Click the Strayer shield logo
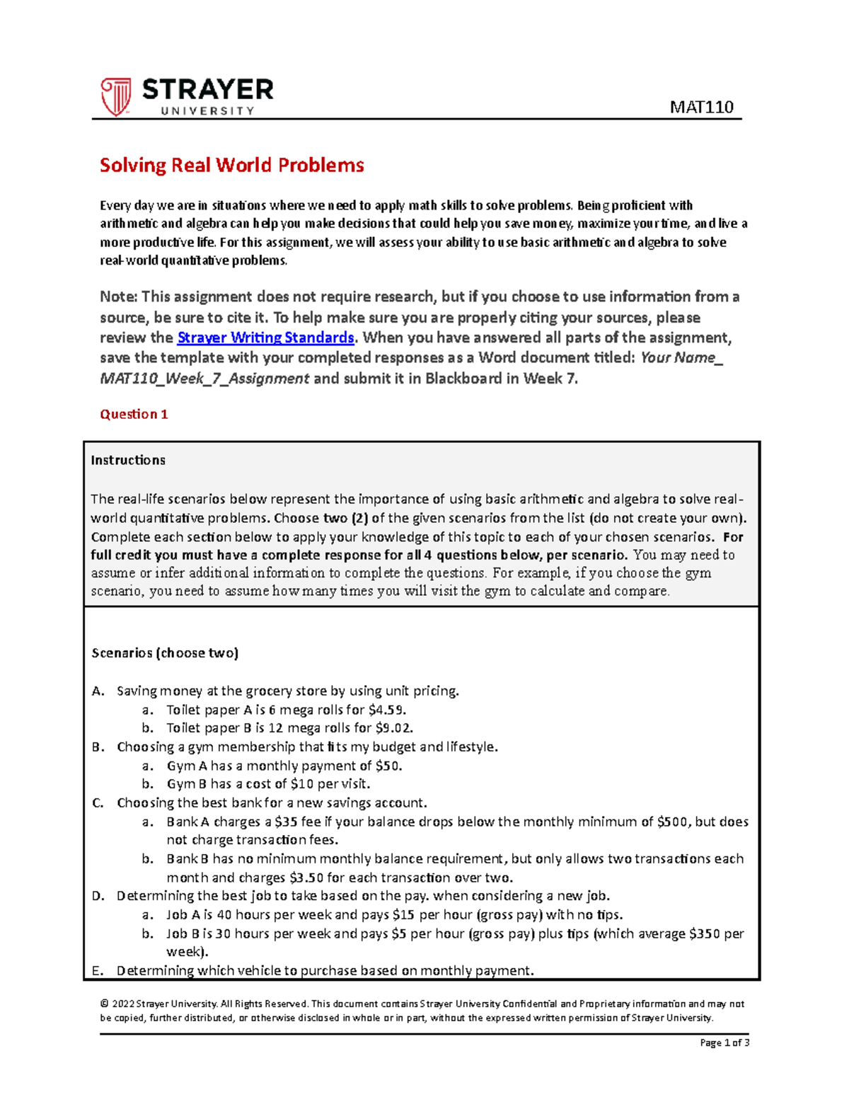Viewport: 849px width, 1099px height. pos(116,97)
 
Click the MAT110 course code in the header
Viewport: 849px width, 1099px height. pos(701,107)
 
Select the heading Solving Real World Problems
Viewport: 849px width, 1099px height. pos(231,166)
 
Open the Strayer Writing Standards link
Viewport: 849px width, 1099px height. pos(265,338)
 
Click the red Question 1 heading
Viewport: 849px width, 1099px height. pos(134,415)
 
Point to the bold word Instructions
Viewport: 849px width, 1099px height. pos(128,460)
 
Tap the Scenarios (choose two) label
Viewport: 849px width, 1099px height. pos(165,653)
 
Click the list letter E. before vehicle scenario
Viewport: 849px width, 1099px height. pos(98,971)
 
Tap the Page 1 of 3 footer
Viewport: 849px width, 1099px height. pos(724,1042)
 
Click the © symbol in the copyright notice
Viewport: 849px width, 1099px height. pos(104,1003)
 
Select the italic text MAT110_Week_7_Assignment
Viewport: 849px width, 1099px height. pos(204,379)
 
